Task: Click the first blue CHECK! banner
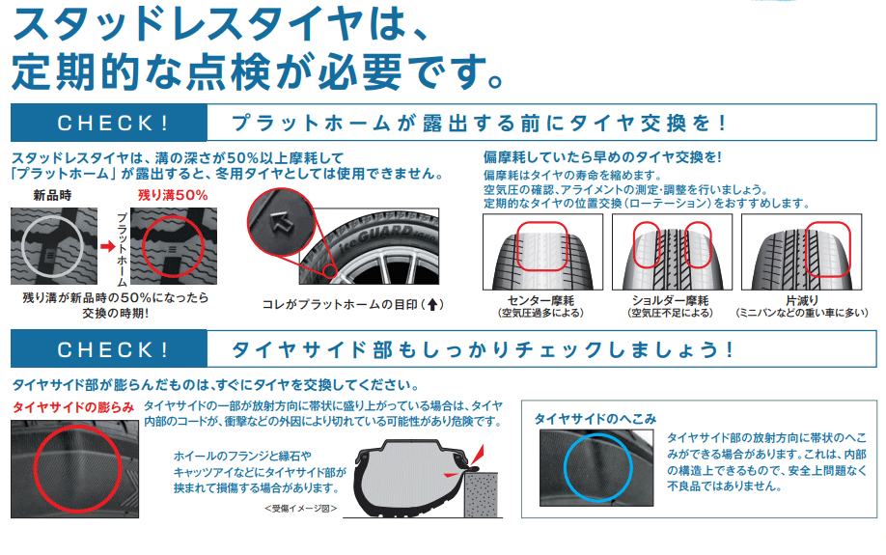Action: [x=108, y=124]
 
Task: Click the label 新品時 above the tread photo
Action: [x=53, y=196]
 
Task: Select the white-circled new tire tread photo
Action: [x=51, y=245]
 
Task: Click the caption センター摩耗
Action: [x=541, y=300]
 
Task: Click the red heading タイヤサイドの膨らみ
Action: [x=73, y=406]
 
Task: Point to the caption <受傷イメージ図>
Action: [x=300, y=508]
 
